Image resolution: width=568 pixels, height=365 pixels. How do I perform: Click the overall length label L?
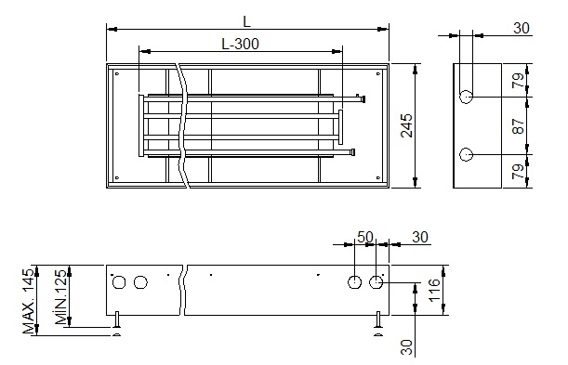tap(246, 21)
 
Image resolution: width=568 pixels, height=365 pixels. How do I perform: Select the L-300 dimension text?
tap(240, 45)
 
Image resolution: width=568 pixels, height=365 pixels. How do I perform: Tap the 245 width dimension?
tap(407, 125)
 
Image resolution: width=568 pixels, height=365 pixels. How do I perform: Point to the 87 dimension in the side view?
tap(519, 126)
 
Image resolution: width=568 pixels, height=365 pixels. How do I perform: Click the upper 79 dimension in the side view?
tap(519, 81)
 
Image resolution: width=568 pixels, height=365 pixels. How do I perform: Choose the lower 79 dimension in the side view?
tap(519, 172)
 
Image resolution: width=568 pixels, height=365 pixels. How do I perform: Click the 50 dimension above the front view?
tap(365, 237)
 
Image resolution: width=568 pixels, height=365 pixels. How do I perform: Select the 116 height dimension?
tap(434, 290)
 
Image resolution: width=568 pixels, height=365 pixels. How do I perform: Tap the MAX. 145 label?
tap(30, 301)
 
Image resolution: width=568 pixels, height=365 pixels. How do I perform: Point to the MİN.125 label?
tap(61, 296)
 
